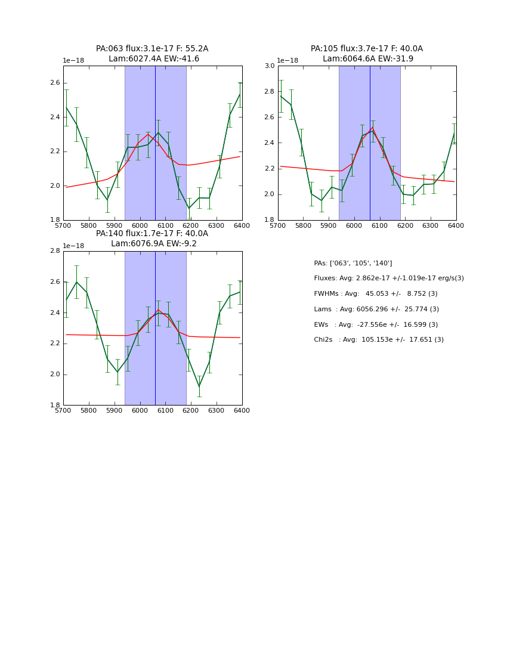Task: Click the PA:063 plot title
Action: click(152, 54)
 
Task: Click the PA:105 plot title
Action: click(367, 54)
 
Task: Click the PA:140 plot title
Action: click(152, 239)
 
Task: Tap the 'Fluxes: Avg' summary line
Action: click(388, 279)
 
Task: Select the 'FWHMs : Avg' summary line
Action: click(376, 294)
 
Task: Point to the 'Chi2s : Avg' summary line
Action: click(379, 340)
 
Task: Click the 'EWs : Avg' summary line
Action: click(376, 325)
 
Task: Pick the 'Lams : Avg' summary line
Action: click(376, 310)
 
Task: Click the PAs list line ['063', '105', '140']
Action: click(353, 264)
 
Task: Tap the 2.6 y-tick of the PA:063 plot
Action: click(54, 83)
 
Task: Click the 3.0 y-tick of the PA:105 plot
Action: click(269, 66)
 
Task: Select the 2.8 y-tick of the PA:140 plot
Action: click(54, 251)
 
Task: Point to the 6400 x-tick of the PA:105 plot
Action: click(456, 225)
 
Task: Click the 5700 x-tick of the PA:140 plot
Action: click(63, 410)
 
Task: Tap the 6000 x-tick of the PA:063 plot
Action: click(140, 225)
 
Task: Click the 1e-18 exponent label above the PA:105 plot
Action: click(287, 61)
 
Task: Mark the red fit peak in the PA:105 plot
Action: click(373, 127)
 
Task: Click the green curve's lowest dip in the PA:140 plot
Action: click(199, 386)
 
